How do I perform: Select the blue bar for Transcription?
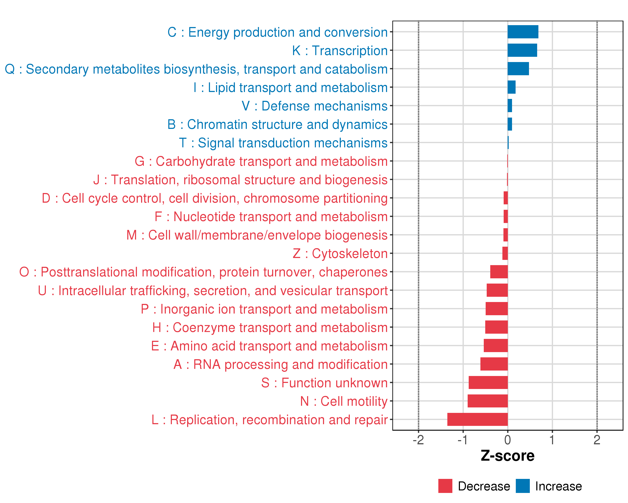coord(522,50)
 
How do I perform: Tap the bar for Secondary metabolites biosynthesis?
coord(518,69)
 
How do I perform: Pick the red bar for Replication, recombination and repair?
coord(477,419)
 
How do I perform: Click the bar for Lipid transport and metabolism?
coord(511,87)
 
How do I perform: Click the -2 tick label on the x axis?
coord(418,440)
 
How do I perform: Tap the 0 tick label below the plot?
coord(507,440)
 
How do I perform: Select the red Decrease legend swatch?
coord(445,486)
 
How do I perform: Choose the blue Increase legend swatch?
coord(522,486)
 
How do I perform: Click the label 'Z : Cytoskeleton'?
coord(340,254)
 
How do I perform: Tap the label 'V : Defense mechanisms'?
coord(315,106)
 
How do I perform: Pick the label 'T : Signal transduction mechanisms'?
coord(283,143)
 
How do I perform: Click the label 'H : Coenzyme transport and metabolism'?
coord(270,327)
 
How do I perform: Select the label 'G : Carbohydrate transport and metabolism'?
coord(261,161)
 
